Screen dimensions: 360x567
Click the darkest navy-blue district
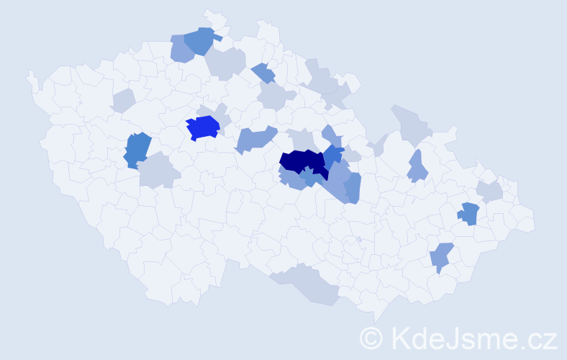pyautogui.click(x=302, y=163)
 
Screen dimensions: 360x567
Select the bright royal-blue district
pyautogui.click(x=202, y=127)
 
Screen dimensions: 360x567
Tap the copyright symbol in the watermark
pyautogui.click(x=372, y=337)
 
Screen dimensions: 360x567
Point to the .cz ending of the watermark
pyautogui.click(x=541, y=337)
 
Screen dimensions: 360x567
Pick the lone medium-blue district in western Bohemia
pyautogui.click(x=137, y=150)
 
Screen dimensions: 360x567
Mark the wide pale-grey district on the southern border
pyautogui.click(x=309, y=284)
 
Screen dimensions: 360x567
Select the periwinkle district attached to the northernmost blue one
pyautogui.click(x=181, y=50)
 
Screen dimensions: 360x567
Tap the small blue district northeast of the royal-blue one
pyautogui.click(x=264, y=73)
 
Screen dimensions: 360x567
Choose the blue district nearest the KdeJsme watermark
pyautogui.click(x=442, y=256)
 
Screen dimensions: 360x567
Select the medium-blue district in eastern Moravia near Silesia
pyautogui.click(x=469, y=212)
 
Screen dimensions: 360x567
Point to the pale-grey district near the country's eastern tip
pyautogui.click(x=490, y=191)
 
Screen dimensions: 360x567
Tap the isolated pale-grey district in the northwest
pyautogui.click(x=123, y=101)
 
